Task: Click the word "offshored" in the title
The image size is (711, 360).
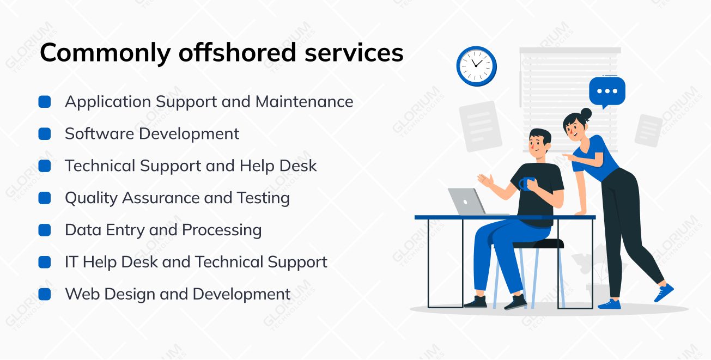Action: click(x=238, y=53)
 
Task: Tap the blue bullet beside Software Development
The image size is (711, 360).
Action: click(x=45, y=134)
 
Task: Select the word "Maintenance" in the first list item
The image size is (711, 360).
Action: click(x=304, y=102)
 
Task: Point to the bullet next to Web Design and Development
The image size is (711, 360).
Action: click(x=45, y=294)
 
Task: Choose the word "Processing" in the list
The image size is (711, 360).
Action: click(x=222, y=230)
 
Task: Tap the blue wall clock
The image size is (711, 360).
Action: click(x=476, y=66)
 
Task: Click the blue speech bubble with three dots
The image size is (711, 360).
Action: click(x=607, y=91)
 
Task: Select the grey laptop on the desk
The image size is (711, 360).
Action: click(x=470, y=202)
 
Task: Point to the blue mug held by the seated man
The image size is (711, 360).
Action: click(x=525, y=184)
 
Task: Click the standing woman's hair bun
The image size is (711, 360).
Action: click(x=586, y=113)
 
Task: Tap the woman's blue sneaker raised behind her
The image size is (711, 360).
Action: click(x=664, y=292)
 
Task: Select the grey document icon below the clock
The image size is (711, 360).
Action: click(x=481, y=126)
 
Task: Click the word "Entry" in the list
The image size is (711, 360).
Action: click(x=125, y=230)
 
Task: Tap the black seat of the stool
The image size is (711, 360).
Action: click(x=538, y=243)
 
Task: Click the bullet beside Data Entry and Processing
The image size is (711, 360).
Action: click(x=45, y=230)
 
